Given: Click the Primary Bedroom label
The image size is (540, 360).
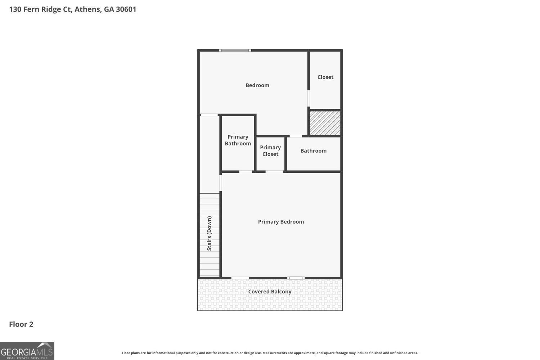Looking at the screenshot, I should [281, 222].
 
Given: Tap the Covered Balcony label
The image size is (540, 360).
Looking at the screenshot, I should [270, 292].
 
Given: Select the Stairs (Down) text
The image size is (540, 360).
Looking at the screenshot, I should [209, 233].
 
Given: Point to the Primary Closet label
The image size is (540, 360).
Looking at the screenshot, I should [270, 151].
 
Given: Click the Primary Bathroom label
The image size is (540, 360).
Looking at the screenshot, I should [238, 140].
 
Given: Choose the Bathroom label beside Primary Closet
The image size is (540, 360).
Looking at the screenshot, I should [314, 151].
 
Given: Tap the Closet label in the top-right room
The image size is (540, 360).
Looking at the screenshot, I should [325, 77].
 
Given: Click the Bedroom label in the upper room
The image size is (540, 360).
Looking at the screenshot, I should [257, 85].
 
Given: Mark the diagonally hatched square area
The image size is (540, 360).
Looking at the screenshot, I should [325, 123].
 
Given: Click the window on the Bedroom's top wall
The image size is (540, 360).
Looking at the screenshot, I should [235, 50].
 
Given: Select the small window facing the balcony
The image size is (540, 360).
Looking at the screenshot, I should [296, 278].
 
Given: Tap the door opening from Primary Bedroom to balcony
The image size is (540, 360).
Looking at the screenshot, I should [240, 278].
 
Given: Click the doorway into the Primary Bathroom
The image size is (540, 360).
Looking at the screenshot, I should [246, 172].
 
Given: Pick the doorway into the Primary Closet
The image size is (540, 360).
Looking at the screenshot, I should [274, 172].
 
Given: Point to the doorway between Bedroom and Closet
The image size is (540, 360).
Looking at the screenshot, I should [309, 98].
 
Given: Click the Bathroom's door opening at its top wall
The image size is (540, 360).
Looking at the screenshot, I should [296, 136].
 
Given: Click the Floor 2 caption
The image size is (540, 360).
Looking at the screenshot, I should [21, 324].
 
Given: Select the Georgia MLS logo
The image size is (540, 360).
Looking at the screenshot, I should [27, 351].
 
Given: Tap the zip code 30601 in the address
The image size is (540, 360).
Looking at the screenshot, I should [126, 9].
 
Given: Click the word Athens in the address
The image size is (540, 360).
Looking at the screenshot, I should [88, 9].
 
